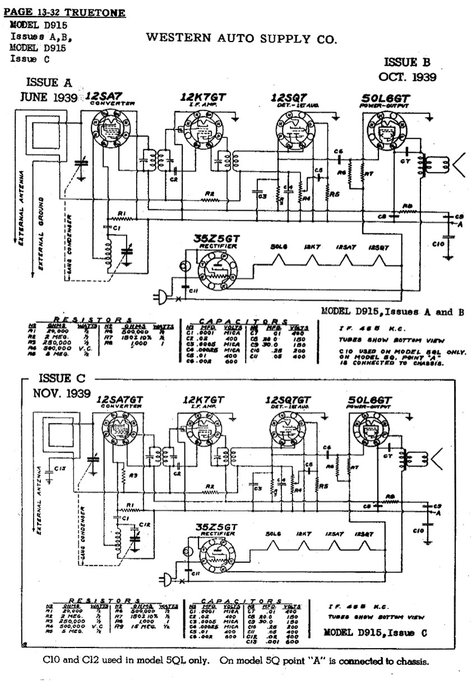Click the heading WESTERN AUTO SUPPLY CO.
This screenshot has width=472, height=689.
click(x=242, y=39)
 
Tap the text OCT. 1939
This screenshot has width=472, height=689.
click(x=407, y=77)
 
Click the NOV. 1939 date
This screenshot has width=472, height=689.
click(x=61, y=393)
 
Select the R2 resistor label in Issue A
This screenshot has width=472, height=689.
click(x=210, y=193)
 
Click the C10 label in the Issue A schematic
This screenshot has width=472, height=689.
click(x=439, y=244)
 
